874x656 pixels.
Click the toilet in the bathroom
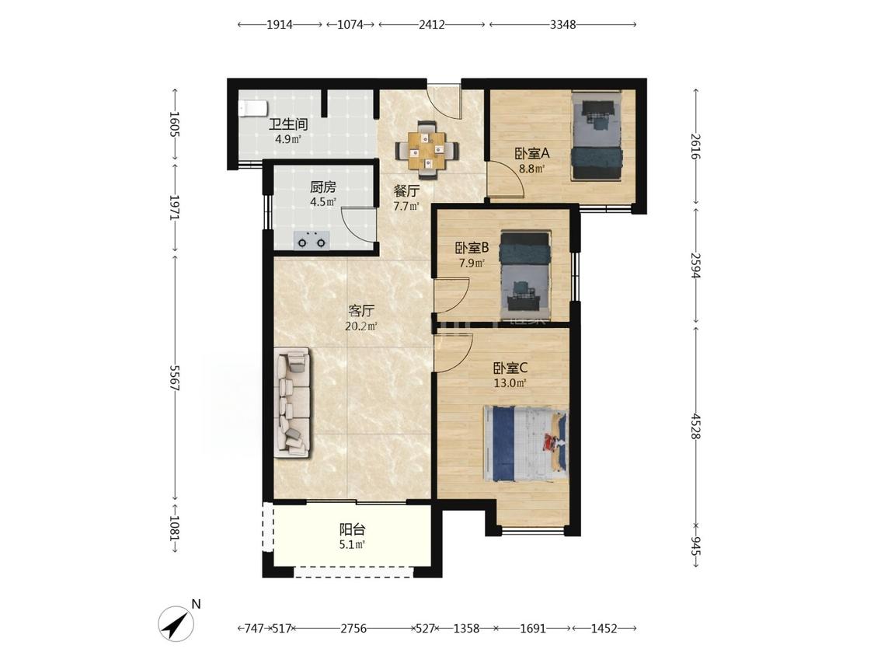[252, 108]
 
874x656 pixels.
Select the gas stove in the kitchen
[312, 240]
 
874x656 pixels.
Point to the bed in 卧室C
[526, 444]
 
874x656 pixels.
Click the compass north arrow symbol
[176, 623]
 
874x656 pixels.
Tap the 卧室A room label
[531, 153]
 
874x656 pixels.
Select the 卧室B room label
[472, 247]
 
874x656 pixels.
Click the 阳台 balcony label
[352, 529]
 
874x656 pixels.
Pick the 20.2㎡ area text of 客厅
[360, 326]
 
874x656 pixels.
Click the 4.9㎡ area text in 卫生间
[287, 139]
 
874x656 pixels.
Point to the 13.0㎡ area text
[510, 382]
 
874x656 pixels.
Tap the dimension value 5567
[175, 379]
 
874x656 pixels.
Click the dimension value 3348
[562, 25]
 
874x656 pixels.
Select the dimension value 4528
[695, 426]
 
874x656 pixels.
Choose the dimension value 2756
[353, 629]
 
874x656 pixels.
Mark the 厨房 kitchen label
[323, 187]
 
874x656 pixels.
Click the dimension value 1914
[279, 25]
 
